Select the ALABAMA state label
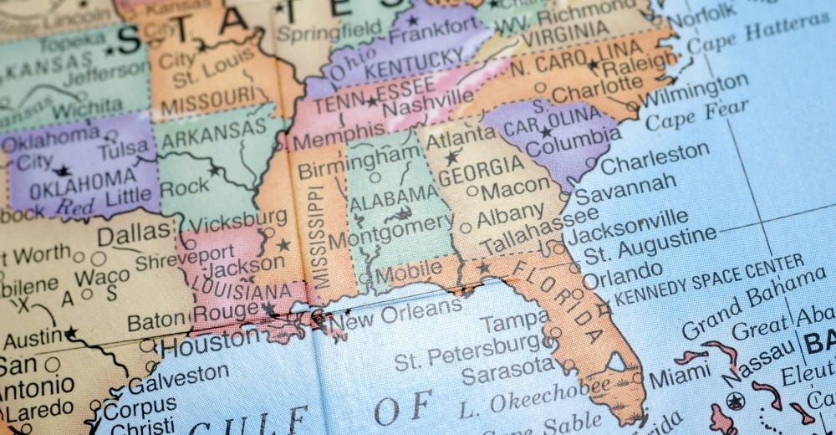394,198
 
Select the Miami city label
679,376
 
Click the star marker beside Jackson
283,245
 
